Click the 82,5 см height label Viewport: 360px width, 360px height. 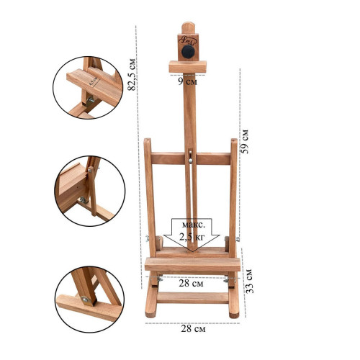point(132,74)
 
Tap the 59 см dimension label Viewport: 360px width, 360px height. point(245,141)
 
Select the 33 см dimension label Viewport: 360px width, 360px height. point(249,281)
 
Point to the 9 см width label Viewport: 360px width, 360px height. point(187,82)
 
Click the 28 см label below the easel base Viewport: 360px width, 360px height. point(193,328)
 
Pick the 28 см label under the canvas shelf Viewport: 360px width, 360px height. point(191,283)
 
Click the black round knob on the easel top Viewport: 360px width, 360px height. point(188,52)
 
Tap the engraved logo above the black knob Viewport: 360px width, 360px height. point(188,40)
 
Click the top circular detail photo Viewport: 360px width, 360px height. point(88,88)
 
